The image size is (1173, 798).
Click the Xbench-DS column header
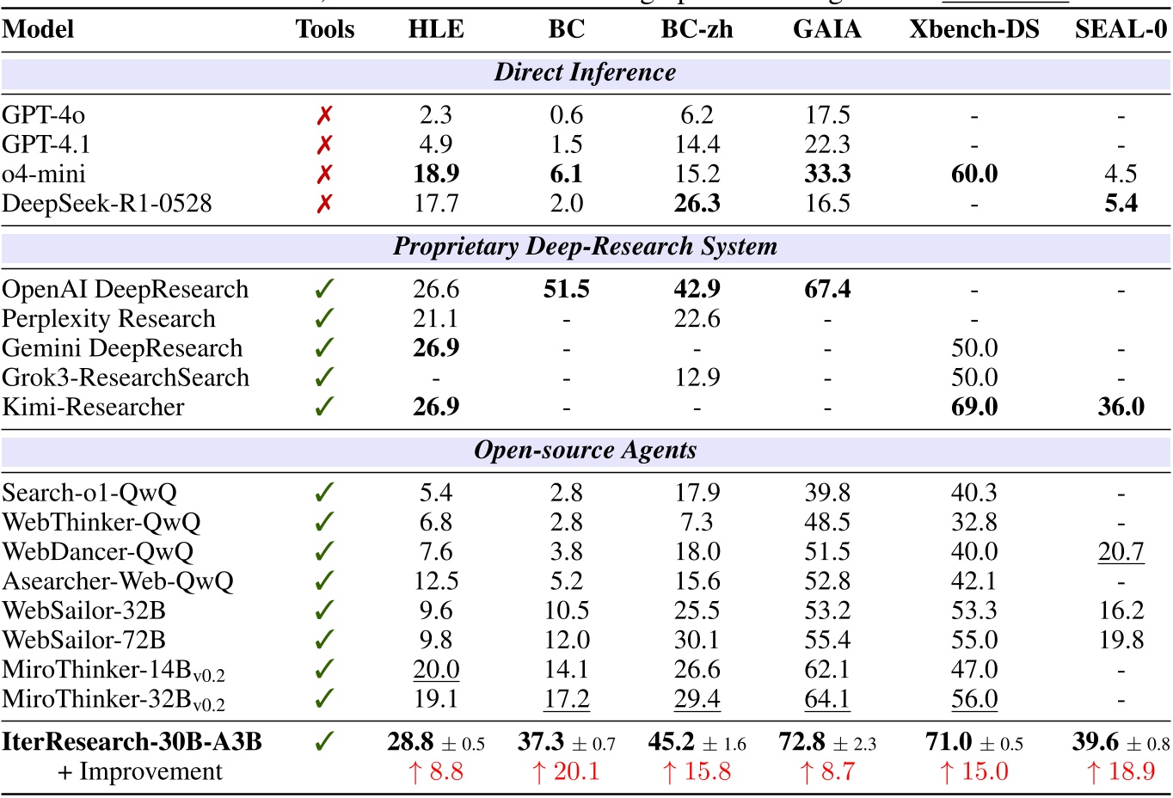(973, 29)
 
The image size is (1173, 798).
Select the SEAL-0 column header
(1121, 29)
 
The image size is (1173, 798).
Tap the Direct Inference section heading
(585, 72)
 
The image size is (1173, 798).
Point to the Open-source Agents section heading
(585, 451)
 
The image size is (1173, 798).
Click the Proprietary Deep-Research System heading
(585, 247)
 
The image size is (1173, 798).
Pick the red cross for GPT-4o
(324, 115)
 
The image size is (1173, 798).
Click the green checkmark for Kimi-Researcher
(324, 407)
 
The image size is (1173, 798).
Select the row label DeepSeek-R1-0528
(107, 204)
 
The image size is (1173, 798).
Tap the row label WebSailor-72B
(83, 641)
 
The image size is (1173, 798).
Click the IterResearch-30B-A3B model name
(132, 742)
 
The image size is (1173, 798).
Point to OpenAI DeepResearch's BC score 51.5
(566, 290)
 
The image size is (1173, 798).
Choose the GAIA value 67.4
(826, 290)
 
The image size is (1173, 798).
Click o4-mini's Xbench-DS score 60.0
(973, 175)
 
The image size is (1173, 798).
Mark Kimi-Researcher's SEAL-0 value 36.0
(1121, 407)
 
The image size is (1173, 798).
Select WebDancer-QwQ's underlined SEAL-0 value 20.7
(1121, 552)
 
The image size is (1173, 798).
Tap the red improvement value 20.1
(566, 772)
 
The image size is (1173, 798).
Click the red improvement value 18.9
(1121, 772)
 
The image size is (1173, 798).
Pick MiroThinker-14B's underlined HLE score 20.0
(436, 670)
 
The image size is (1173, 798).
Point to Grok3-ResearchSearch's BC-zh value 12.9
(697, 378)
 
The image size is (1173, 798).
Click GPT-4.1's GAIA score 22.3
(826, 144)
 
